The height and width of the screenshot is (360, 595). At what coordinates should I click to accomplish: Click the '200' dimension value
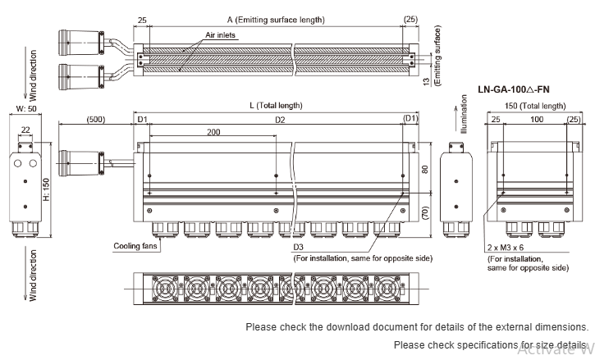[x=214, y=131]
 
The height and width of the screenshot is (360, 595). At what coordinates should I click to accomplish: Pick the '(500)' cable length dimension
[x=96, y=120]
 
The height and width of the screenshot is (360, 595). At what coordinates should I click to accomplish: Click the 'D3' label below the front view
[x=298, y=246]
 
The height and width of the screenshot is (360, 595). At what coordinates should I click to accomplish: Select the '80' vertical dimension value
[x=424, y=170]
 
